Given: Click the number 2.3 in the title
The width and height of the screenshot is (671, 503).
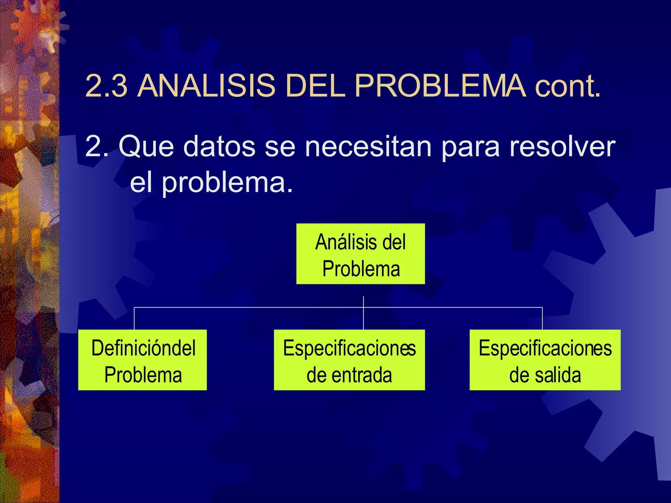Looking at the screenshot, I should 106,86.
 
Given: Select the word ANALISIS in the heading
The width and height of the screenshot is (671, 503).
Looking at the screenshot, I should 206,86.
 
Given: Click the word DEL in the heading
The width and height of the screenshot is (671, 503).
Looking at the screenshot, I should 315,86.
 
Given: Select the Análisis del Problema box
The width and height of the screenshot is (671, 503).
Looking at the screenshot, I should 360,254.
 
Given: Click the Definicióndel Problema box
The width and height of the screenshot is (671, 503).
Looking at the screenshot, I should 143,360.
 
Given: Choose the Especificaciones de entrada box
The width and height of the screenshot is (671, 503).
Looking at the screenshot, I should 349,360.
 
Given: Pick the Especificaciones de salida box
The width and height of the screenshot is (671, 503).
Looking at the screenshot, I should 545,360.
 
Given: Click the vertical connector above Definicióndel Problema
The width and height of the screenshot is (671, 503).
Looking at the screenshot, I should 134,318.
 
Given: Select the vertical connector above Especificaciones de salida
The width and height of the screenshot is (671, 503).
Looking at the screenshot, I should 542,318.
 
